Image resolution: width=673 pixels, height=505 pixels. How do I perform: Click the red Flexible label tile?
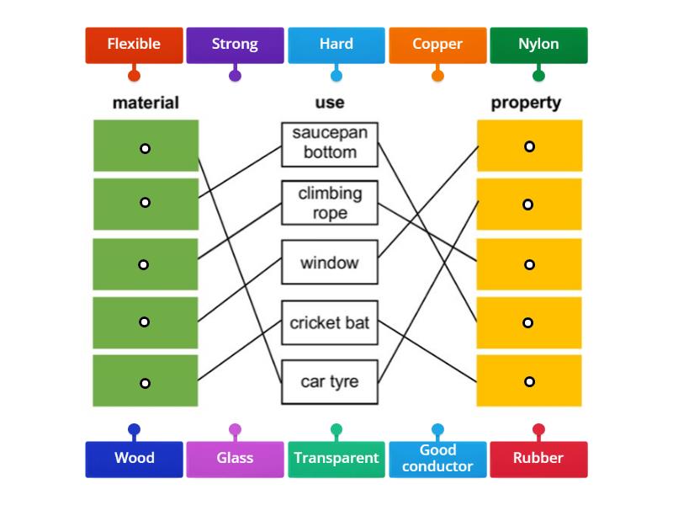click(134, 45)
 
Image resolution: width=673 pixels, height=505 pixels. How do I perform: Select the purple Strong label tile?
click(235, 45)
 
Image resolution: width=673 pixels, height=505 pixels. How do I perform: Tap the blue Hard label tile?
click(336, 45)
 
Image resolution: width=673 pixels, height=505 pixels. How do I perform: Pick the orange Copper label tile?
click(437, 45)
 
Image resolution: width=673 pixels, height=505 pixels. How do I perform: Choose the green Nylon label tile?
click(538, 45)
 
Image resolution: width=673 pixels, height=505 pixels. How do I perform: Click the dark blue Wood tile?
click(134, 459)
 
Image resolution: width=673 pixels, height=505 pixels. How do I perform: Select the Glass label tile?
click(235, 459)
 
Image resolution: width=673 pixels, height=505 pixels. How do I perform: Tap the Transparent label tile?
click(336, 459)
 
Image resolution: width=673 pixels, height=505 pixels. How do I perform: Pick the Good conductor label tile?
click(437, 459)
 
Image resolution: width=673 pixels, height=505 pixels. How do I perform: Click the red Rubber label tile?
click(538, 459)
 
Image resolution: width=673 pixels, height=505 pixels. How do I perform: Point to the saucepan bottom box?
click(330, 143)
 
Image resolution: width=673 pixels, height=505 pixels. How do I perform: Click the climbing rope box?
click(330, 204)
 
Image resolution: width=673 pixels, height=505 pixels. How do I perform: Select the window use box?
click(330, 263)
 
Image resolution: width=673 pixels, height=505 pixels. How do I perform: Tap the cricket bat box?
click(330, 323)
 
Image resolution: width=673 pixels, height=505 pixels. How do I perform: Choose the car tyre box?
click(330, 382)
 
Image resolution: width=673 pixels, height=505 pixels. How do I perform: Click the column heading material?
click(146, 103)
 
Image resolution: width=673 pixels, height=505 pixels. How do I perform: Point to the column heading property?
click(526, 103)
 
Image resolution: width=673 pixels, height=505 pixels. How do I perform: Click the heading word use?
click(329, 103)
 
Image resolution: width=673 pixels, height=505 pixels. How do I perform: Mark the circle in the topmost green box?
click(145, 148)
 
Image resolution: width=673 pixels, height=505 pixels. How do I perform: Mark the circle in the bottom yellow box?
click(529, 381)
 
